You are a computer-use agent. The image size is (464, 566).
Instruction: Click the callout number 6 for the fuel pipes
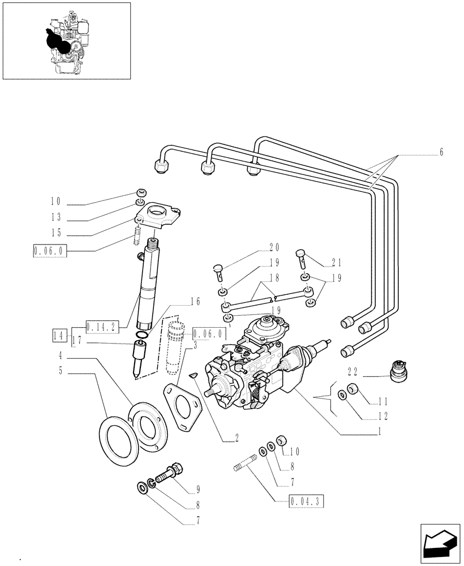[x=441, y=152]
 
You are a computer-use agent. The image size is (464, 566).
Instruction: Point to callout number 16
[x=195, y=302]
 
